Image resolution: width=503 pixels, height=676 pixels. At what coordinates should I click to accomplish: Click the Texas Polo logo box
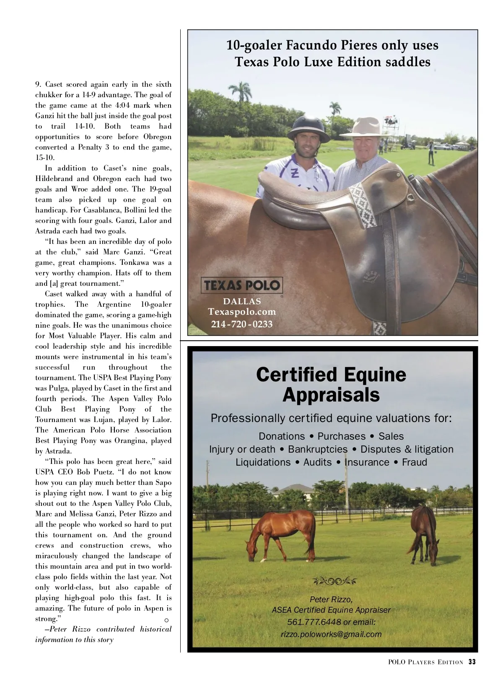pos(241,285)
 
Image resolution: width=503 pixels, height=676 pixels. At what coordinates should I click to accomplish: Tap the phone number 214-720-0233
pos(242,324)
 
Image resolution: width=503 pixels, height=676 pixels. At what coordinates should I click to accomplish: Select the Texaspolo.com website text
pos(242,312)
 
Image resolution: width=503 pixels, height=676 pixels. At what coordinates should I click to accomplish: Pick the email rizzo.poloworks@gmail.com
pos(331,634)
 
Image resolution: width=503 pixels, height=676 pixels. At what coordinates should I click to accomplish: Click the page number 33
pos(472,662)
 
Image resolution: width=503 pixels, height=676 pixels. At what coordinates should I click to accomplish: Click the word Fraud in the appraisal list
pos(415,462)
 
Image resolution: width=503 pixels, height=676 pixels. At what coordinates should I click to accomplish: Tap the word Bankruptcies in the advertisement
pos(318,449)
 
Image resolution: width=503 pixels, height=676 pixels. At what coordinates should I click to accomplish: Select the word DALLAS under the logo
pos(242,301)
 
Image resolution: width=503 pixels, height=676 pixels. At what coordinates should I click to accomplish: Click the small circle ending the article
pos(166,620)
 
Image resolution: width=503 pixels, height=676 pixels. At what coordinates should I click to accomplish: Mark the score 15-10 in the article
pos(44,158)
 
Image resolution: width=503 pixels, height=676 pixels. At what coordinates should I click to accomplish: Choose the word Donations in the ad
pos(282,436)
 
